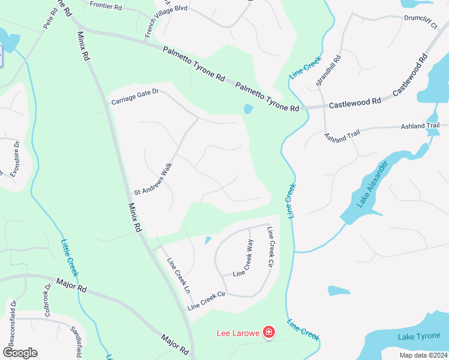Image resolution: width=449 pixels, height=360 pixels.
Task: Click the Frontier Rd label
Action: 106,5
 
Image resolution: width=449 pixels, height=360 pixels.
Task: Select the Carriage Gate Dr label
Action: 134,97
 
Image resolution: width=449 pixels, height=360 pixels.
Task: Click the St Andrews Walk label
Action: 153,179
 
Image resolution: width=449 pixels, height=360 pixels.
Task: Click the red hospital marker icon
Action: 269,332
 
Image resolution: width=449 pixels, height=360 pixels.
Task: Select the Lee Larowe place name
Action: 238,332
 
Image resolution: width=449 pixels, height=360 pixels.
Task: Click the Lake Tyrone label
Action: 419,337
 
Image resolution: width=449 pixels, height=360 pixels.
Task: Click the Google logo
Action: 20,353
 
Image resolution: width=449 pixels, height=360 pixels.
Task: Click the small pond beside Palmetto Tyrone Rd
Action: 248,109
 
